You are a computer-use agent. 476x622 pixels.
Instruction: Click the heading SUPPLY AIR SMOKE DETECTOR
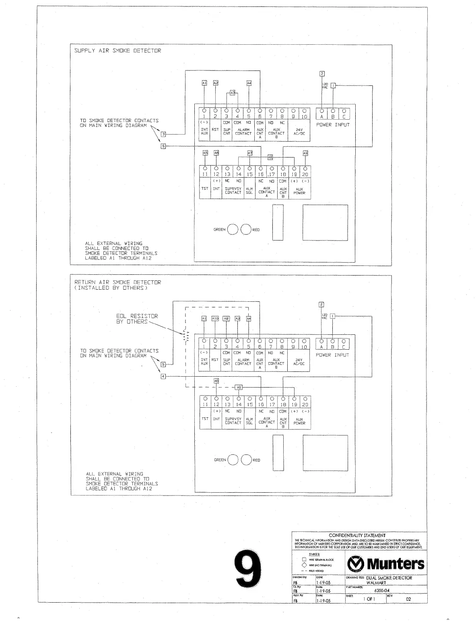click(x=117, y=51)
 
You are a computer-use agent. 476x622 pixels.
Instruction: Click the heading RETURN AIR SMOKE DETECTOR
click(x=117, y=282)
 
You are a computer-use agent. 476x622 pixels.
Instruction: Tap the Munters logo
click(x=386, y=564)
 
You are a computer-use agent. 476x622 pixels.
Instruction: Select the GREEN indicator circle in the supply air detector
click(x=233, y=230)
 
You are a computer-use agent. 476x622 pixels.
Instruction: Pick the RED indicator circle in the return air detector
click(x=246, y=460)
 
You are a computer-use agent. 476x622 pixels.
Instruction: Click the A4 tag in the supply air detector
click(x=249, y=83)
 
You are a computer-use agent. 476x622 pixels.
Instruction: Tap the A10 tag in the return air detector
click(x=215, y=318)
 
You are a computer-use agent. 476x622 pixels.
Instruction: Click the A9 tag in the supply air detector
click(x=305, y=153)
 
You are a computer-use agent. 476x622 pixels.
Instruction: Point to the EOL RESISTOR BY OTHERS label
click(x=137, y=319)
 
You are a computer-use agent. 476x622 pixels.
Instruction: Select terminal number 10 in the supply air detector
click(x=304, y=117)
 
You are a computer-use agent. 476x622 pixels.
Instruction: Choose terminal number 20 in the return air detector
click(x=305, y=404)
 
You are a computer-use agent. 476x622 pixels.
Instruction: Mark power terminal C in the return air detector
click(x=344, y=347)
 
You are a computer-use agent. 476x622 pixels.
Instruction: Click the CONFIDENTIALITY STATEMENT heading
click(x=357, y=535)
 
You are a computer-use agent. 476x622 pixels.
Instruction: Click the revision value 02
click(x=408, y=599)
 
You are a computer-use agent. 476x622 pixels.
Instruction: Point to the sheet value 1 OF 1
click(x=369, y=599)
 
